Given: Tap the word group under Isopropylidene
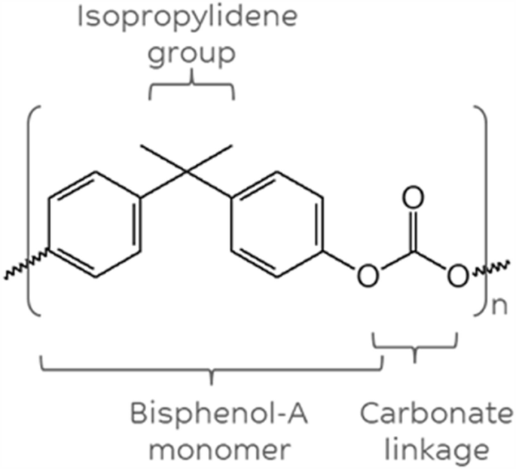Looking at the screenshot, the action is pyautogui.click(x=191, y=56).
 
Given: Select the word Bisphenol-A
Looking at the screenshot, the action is pyautogui.click(x=212, y=416).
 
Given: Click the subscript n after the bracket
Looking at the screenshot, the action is pyautogui.click(x=497, y=307).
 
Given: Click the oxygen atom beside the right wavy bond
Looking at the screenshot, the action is pyautogui.click(x=456, y=276).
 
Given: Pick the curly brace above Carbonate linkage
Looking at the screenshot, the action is pyautogui.click(x=415, y=347).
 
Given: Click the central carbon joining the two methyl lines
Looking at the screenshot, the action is pyautogui.click(x=187, y=174).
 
